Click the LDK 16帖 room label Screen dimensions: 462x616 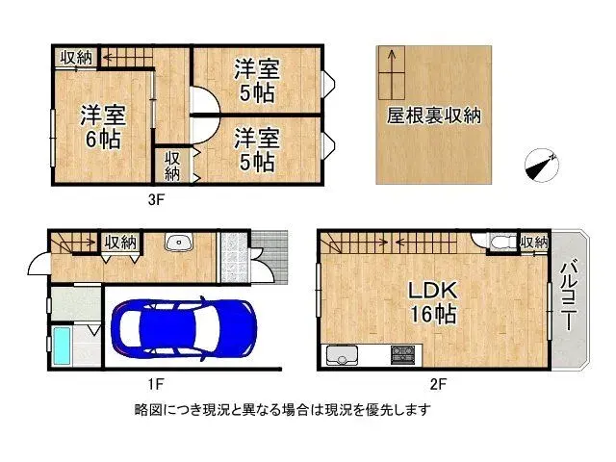[435, 302]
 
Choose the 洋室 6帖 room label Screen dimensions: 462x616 [100, 125]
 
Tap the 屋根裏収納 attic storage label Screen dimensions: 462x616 [434, 115]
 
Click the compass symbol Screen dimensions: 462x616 [541, 165]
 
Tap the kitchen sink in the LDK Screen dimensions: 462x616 [340, 357]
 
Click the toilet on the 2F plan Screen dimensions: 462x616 [500, 243]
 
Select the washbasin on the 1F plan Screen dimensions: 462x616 [179, 243]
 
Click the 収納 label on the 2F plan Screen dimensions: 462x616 [533, 241]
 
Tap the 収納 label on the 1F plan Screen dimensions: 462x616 [120, 243]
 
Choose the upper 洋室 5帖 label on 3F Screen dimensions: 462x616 [255, 79]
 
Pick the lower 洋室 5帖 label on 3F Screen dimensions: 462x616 [255, 148]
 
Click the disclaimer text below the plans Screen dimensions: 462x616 [282, 410]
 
